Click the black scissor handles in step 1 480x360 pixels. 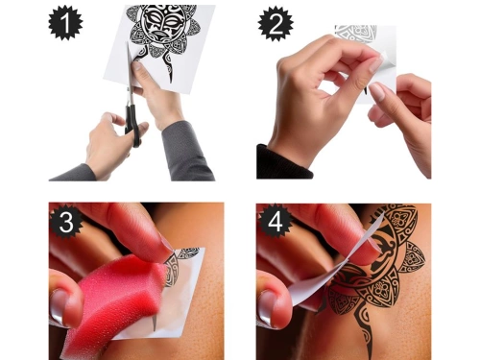point(132,125)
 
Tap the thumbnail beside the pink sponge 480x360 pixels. point(60,307)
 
